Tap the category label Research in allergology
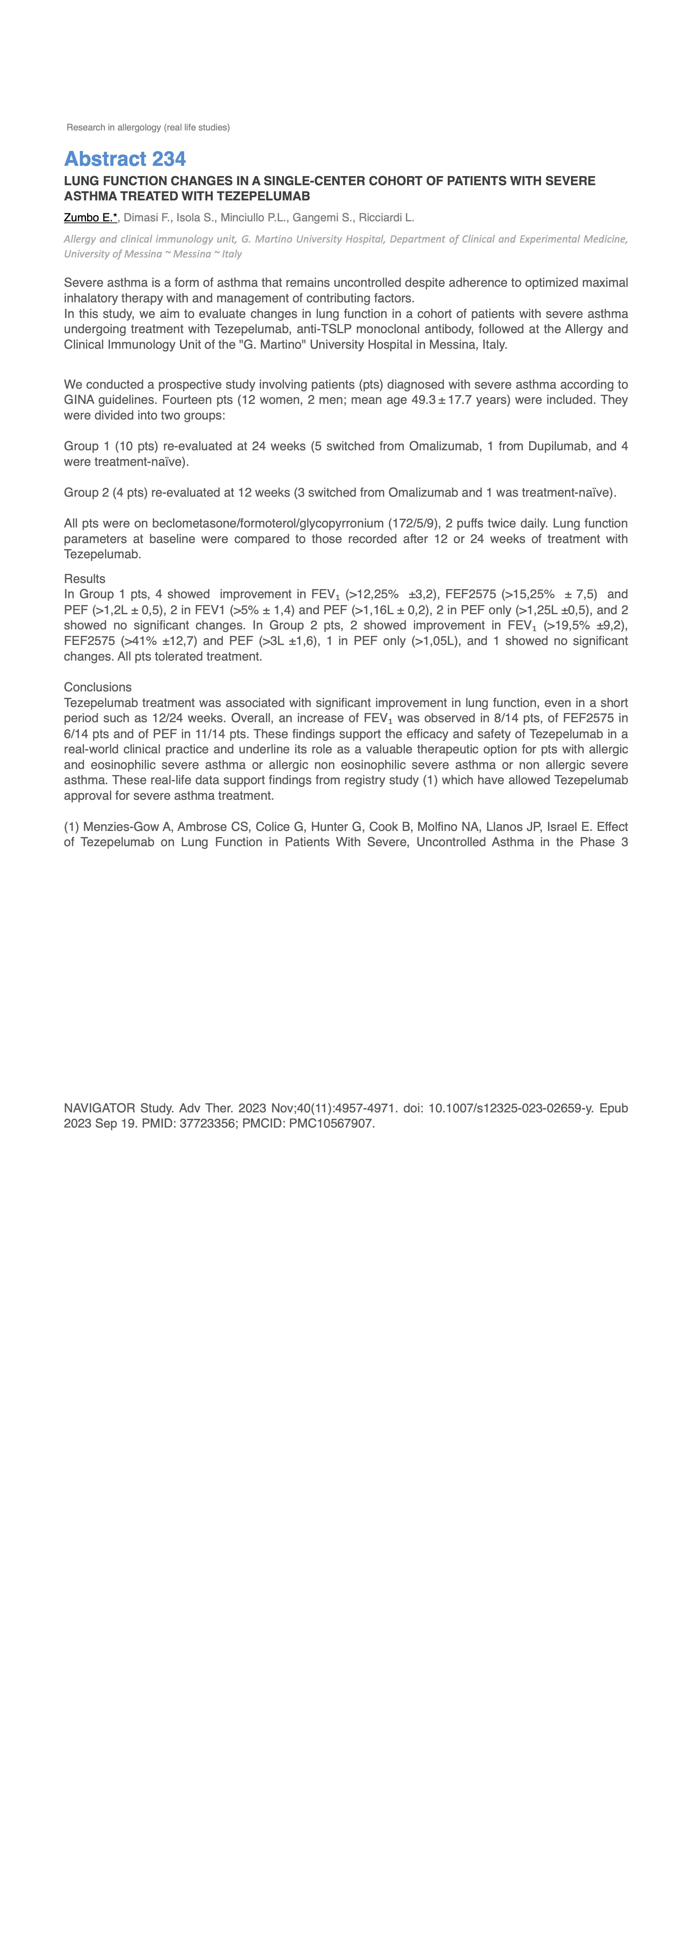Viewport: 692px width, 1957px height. pos(148,128)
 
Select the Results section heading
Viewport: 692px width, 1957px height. pos(84,579)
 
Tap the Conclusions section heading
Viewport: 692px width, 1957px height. pos(97,688)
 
